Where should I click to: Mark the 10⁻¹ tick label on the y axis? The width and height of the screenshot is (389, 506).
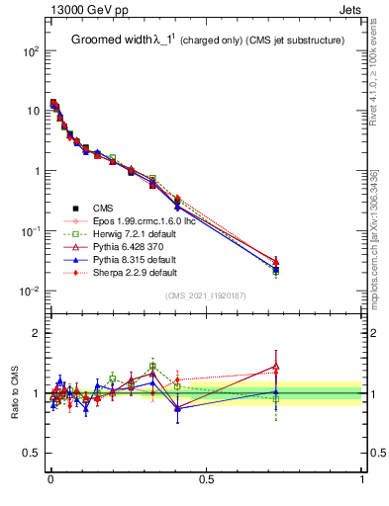pyautogui.click(x=30, y=231)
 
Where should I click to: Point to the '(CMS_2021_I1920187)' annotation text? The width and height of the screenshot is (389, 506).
pyautogui.click(x=206, y=296)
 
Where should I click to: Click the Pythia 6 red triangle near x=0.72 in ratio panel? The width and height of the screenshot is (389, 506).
pyautogui.click(x=276, y=367)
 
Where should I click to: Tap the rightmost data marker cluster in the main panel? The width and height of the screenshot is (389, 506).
pyautogui.click(x=276, y=267)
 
